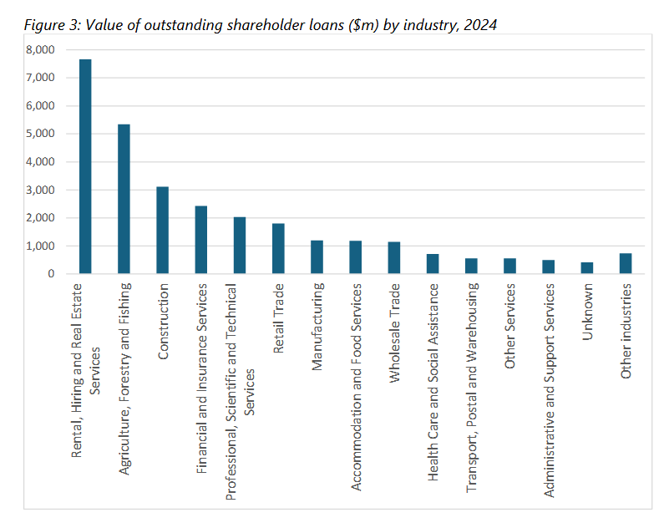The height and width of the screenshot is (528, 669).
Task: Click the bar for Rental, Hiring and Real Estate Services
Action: (85, 167)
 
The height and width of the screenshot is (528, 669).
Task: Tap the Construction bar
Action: (162, 230)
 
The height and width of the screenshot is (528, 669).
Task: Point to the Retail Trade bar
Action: (278, 249)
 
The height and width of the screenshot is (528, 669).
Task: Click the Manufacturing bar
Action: (317, 257)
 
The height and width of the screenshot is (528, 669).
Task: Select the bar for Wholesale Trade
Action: (394, 258)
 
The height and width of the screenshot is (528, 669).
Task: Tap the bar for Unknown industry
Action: (587, 268)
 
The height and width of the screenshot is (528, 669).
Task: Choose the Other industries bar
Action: (626, 263)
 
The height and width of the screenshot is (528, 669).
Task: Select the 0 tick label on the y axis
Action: (51, 274)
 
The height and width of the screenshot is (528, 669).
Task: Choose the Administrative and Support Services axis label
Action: (549, 355)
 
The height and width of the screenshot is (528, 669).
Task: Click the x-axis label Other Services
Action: (509, 314)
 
